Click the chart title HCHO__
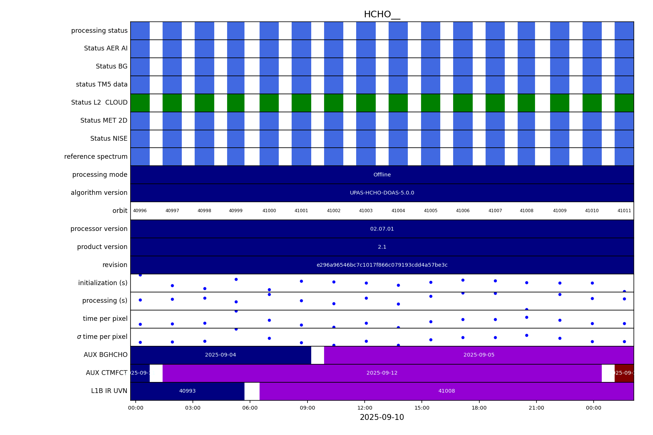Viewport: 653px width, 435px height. click(x=382, y=15)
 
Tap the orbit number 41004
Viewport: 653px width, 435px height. click(x=398, y=211)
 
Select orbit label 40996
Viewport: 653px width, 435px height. click(x=140, y=211)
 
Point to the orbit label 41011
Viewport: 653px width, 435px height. click(x=624, y=211)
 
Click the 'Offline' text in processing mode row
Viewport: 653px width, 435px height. click(x=382, y=175)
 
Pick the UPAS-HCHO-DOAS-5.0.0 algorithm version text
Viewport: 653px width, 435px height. click(x=382, y=193)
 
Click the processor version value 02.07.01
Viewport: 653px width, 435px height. click(x=382, y=229)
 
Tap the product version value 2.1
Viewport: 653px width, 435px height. click(x=382, y=247)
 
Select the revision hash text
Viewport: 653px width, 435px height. click(x=382, y=265)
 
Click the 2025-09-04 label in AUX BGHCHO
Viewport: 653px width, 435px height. click(x=220, y=355)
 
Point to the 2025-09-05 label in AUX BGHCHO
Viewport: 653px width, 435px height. click(x=479, y=355)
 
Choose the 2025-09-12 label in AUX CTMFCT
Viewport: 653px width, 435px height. click(x=382, y=373)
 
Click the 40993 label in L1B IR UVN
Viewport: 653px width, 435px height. click(x=187, y=391)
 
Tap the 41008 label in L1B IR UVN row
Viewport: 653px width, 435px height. click(x=446, y=391)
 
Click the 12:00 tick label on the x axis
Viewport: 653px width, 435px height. click(x=364, y=408)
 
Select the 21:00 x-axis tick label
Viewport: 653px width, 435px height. click(x=536, y=408)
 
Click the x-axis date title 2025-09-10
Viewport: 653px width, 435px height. click(x=382, y=418)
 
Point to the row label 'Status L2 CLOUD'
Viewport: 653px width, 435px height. click(x=99, y=103)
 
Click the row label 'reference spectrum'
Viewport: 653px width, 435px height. click(x=95, y=157)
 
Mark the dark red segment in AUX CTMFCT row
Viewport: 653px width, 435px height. click(x=624, y=373)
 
